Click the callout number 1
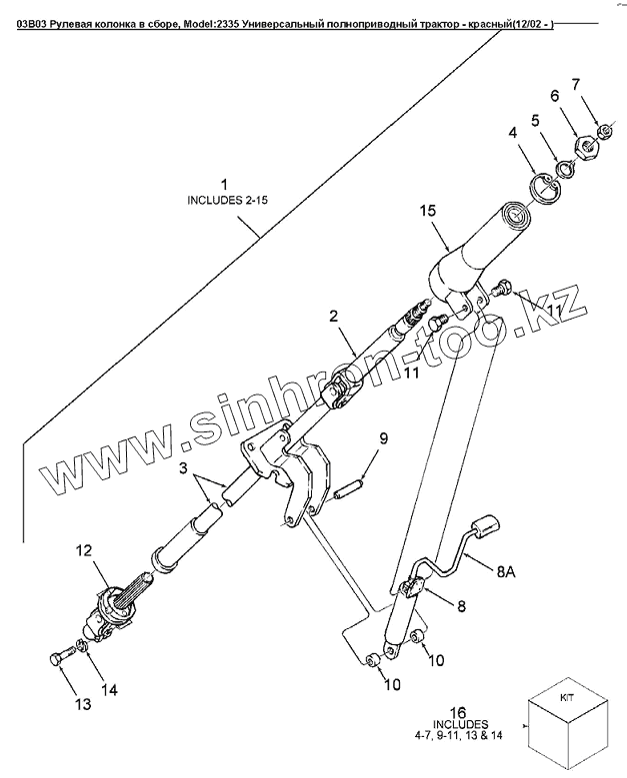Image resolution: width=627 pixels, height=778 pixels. tap(225, 185)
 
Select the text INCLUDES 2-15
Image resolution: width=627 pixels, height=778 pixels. tap(229, 201)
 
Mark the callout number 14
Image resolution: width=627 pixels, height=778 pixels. tap(109, 689)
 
